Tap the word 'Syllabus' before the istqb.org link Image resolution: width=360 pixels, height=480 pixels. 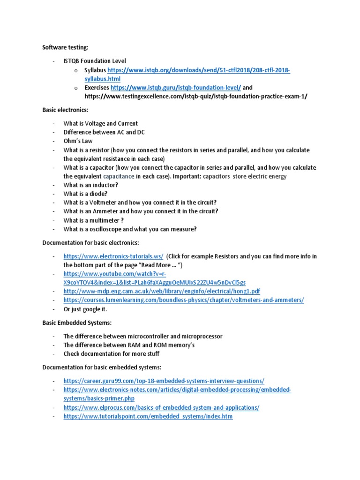96,70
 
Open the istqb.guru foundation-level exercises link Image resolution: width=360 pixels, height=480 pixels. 176,88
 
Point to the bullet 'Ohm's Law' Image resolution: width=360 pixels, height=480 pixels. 78,141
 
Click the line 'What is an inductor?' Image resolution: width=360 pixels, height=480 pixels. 90,185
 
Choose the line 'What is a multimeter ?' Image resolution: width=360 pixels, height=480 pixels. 94,220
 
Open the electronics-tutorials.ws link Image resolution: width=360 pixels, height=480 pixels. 113,256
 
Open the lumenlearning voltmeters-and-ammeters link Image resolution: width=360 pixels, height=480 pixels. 184,300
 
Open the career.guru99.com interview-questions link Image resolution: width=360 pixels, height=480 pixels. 164,381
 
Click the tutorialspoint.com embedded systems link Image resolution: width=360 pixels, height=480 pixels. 148,416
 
